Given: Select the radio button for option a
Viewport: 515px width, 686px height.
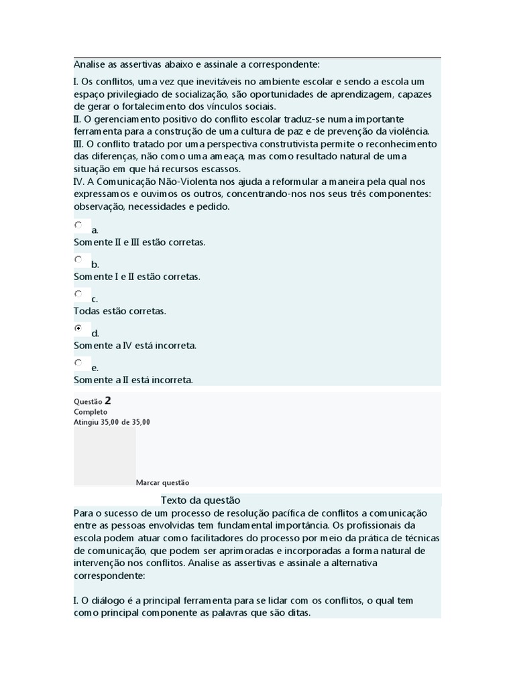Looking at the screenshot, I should [x=78, y=225].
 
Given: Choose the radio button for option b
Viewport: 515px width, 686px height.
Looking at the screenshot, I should [x=78, y=259].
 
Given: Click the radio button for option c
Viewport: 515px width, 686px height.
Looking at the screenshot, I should [x=78, y=293].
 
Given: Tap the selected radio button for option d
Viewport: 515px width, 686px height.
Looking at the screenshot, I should [x=78, y=328].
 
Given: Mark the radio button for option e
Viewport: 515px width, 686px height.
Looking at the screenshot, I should [x=78, y=362].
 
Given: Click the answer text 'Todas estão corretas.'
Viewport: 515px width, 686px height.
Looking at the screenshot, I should [x=120, y=312].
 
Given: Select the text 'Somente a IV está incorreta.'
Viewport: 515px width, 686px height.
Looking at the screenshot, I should [x=135, y=346].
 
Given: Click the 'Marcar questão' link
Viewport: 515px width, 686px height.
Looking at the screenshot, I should [x=163, y=482].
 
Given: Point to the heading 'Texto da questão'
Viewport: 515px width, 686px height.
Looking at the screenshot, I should [x=201, y=500].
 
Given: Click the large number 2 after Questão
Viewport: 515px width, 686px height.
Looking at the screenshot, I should [x=108, y=401].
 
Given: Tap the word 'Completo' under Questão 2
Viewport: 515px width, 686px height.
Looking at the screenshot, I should [x=91, y=412].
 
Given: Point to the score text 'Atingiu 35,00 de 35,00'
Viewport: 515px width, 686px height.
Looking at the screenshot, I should [x=112, y=422].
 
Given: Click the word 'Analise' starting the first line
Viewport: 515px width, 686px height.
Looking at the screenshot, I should [x=89, y=64].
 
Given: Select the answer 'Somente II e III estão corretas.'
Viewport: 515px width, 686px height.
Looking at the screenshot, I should [x=139, y=242].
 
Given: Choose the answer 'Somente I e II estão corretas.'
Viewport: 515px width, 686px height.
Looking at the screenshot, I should [x=137, y=277].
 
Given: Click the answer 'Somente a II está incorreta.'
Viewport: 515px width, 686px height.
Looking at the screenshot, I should [x=133, y=380].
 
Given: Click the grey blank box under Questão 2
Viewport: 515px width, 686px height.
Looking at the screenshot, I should [x=105, y=456].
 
